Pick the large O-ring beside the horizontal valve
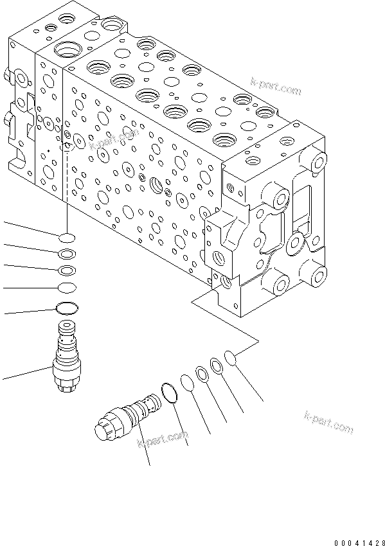coord(169,392)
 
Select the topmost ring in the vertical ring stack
coord(67,237)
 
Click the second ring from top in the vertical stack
coord(67,253)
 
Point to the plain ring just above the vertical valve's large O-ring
coord(67,286)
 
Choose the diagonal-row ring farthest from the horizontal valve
coord(233,357)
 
